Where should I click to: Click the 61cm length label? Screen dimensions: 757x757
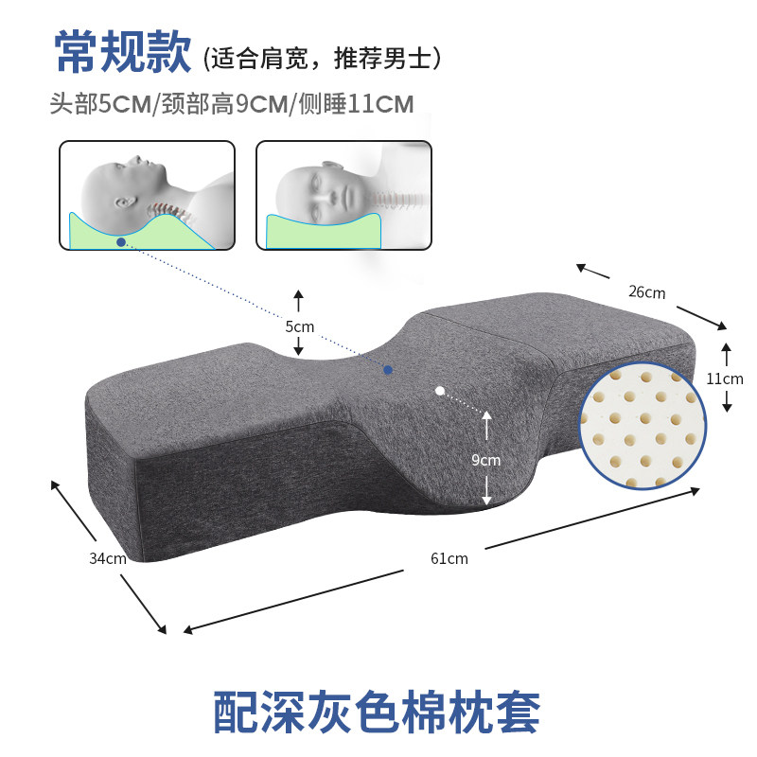[449, 558]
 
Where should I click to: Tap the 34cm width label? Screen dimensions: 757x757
[108, 558]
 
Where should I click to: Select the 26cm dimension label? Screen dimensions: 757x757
[647, 292]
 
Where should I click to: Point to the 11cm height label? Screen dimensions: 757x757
[725, 378]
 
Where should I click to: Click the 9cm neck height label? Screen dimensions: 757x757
[485, 461]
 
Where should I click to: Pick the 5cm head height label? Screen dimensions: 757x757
[299, 326]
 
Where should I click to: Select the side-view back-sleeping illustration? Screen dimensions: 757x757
[147, 196]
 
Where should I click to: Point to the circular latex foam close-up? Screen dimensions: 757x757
[643, 425]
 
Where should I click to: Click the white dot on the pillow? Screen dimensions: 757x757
[439, 390]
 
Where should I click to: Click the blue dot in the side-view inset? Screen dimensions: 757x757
[120, 242]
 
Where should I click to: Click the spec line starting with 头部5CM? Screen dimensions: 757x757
[233, 103]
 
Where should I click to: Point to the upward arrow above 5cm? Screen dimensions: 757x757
[298, 301]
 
